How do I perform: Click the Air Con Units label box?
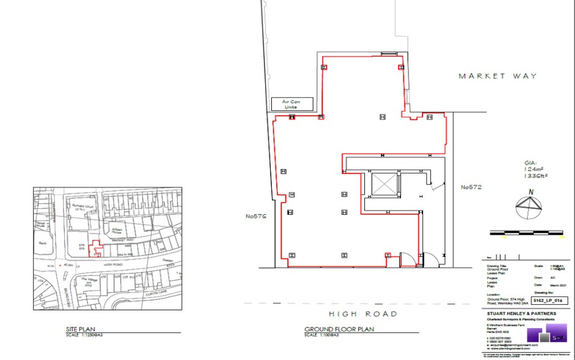[x=293, y=104]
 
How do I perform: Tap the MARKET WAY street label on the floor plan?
[x=498, y=76]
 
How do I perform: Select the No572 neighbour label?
[x=472, y=187]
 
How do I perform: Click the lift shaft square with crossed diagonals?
[x=385, y=184]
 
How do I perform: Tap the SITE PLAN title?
[x=80, y=329]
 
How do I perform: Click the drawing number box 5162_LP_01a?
[x=547, y=301]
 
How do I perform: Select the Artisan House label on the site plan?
[x=118, y=230]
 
